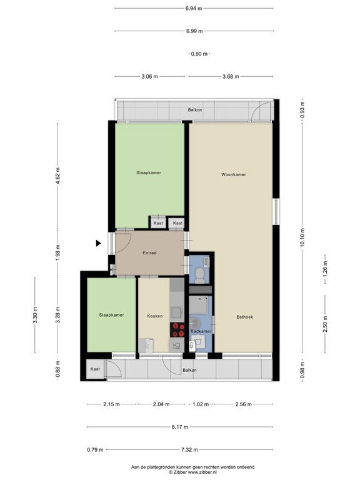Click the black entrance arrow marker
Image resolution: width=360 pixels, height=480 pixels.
click(x=98, y=243)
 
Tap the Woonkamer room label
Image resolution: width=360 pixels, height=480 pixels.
click(x=234, y=174)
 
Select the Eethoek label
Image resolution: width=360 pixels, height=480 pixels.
click(x=245, y=317)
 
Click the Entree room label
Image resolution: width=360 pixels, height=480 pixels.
click(x=150, y=253)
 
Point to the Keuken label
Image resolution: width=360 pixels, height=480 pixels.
click(x=155, y=316)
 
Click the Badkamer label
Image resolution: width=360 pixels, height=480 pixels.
click(x=201, y=331)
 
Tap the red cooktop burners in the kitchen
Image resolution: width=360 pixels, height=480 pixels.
click(x=177, y=330)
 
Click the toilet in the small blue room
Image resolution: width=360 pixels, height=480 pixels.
click(x=200, y=274)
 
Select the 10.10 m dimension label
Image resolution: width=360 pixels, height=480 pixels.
click(x=302, y=237)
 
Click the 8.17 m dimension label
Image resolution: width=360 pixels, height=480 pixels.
click(x=180, y=427)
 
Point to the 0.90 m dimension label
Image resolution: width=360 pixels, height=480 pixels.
click(x=199, y=54)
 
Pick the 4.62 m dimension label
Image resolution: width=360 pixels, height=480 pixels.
click(x=58, y=176)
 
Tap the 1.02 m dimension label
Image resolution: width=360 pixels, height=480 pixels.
click(x=201, y=404)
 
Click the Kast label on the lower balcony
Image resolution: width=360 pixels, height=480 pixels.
click(x=95, y=369)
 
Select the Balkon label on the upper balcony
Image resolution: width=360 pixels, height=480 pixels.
click(x=195, y=109)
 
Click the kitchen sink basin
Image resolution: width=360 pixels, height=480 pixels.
click(x=177, y=312)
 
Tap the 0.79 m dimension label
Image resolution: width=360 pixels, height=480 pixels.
click(x=95, y=450)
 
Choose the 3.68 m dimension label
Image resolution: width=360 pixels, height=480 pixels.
click(x=231, y=76)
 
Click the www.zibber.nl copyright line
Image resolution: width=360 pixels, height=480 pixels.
click(x=193, y=472)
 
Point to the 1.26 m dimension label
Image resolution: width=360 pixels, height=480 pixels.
click(x=325, y=269)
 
